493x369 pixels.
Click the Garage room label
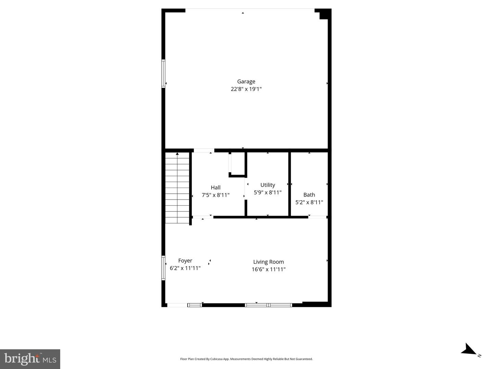point(246,82)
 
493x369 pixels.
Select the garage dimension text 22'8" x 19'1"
point(246,89)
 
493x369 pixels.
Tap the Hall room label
point(216,188)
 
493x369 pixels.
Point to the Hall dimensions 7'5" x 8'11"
point(216,195)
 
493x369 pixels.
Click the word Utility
point(268,185)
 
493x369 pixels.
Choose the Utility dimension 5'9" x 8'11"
point(268,192)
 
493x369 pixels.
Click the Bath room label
point(309,195)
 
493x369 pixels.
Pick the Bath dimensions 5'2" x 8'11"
point(309,202)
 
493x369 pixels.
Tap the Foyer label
point(185,261)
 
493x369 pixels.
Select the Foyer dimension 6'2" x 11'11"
point(185,268)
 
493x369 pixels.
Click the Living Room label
point(269,262)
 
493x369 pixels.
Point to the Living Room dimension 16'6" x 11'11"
point(269,269)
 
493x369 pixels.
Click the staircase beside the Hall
point(177,188)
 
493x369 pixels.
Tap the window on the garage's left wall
point(163,73)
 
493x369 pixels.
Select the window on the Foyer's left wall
point(163,268)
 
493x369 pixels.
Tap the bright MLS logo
point(30,359)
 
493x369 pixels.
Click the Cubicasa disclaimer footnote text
point(246,359)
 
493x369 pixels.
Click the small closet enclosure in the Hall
point(238,164)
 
